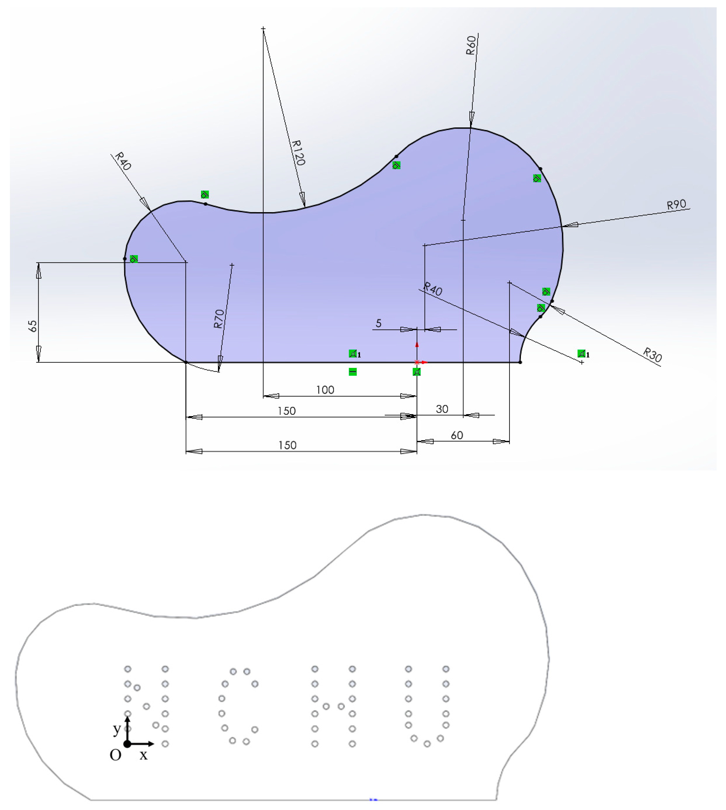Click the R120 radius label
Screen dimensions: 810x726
coord(298,153)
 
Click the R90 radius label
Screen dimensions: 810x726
coord(677,205)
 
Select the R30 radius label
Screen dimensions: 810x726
coord(653,354)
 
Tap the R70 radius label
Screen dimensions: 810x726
coord(219,319)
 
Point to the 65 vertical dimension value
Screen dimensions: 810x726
coord(33,326)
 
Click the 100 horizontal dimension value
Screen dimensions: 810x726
coord(325,390)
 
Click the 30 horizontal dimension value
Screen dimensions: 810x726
coord(442,409)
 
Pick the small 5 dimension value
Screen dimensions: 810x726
coord(379,323)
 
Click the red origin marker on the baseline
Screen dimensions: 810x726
coord(417,362)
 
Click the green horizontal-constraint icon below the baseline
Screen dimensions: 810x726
coord(353,372)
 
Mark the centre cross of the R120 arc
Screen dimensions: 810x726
coord(263,29)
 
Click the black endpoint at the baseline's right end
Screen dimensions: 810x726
coord(520,362)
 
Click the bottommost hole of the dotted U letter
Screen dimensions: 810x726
coord(427,744)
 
